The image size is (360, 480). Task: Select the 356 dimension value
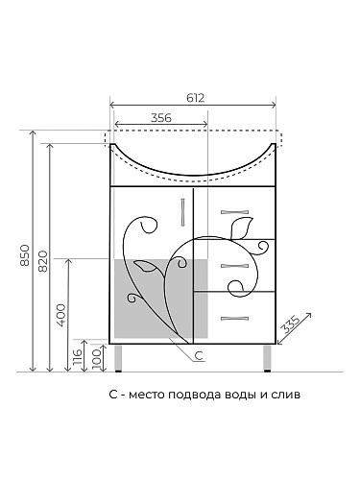161,118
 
